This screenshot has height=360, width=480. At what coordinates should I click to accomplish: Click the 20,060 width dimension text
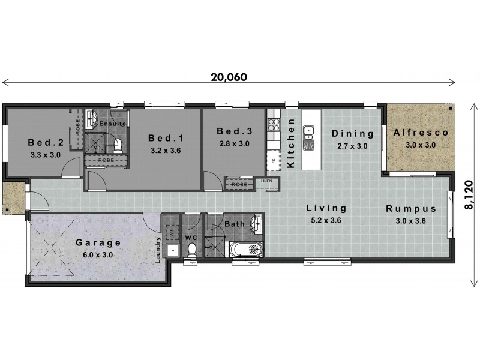tap(229, 77)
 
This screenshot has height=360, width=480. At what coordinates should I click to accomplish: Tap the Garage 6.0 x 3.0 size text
tap(98, 255)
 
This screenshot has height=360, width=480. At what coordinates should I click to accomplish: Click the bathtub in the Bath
tap(245, 250)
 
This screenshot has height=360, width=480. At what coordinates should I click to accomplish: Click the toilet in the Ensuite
tap(118, 145)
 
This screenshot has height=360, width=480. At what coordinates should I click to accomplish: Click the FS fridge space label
tap(273, 160)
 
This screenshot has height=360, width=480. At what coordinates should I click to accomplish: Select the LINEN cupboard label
tap(266, 180)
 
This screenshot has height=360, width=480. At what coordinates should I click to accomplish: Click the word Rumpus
tap(410, 209)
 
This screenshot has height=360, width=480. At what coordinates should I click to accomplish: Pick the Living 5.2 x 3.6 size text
tap(326, 220)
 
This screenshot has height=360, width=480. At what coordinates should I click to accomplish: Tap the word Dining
tap(353, 134)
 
